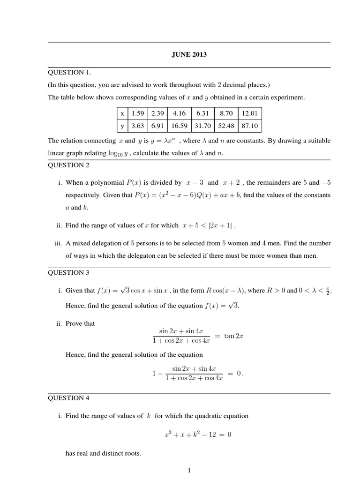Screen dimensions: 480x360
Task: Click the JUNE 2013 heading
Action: pyautogui.click(x=189, y=55)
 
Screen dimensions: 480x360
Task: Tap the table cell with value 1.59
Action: pyautogui.click(x=138, y=113)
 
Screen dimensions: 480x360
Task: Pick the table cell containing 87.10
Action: pyautogui.click(x=249, y=126)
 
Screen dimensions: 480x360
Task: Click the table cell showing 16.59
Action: pyautogui.click(x=179, y=126)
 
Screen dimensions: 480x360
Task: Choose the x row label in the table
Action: pyautogui.click(x=122, y=113)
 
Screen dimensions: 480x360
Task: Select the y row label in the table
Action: pyautogui.click(x=122, y=126)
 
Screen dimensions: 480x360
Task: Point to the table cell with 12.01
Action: pyautogui.click(x=249, y=113)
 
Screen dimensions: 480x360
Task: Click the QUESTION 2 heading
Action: pyautogui.click(x=69, y=165)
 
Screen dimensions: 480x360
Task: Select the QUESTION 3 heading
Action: pyautogui.click(x=69, y=272)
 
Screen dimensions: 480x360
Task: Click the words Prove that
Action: pyautogui.click(x=80, y=323)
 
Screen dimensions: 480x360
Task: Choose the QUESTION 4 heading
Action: pyautogui.click(x=69, y=398)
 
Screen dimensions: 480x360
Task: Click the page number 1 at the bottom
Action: pyautogui.click(x=189, y=470)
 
